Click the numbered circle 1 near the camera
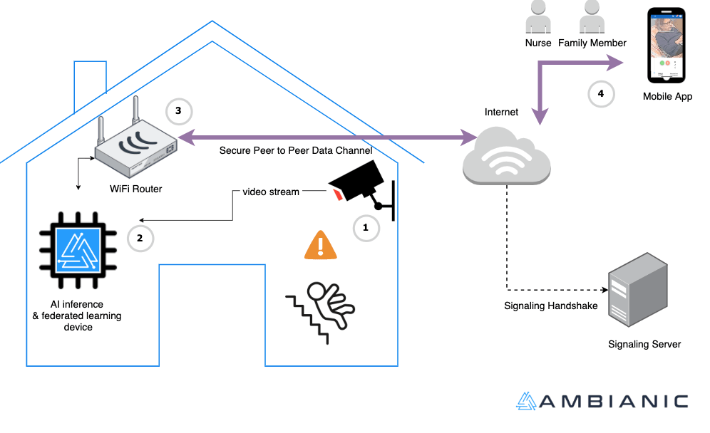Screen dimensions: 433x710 366,228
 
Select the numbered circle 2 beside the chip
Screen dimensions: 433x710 140,238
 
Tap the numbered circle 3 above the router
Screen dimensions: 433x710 178,111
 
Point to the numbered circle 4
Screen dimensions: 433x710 601,93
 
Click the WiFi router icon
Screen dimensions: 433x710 135,145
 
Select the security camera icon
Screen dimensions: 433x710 361,184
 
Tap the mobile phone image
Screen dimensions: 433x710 666,46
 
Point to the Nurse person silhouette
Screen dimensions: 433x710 538,17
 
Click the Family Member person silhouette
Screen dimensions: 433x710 592,17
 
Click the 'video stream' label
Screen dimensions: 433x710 271,192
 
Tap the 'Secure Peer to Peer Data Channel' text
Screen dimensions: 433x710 296,150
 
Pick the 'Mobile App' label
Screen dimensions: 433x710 667,96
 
